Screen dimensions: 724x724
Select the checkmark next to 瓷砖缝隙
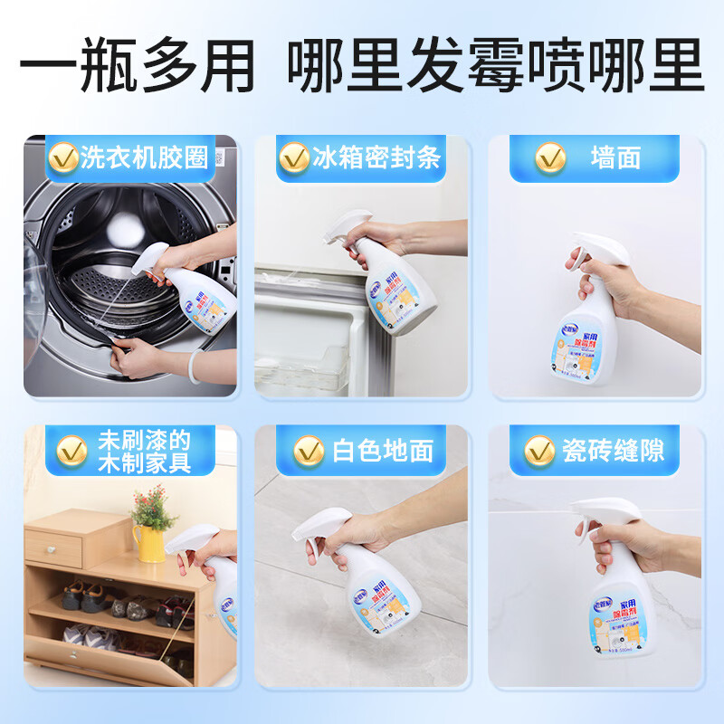[540, 449]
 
